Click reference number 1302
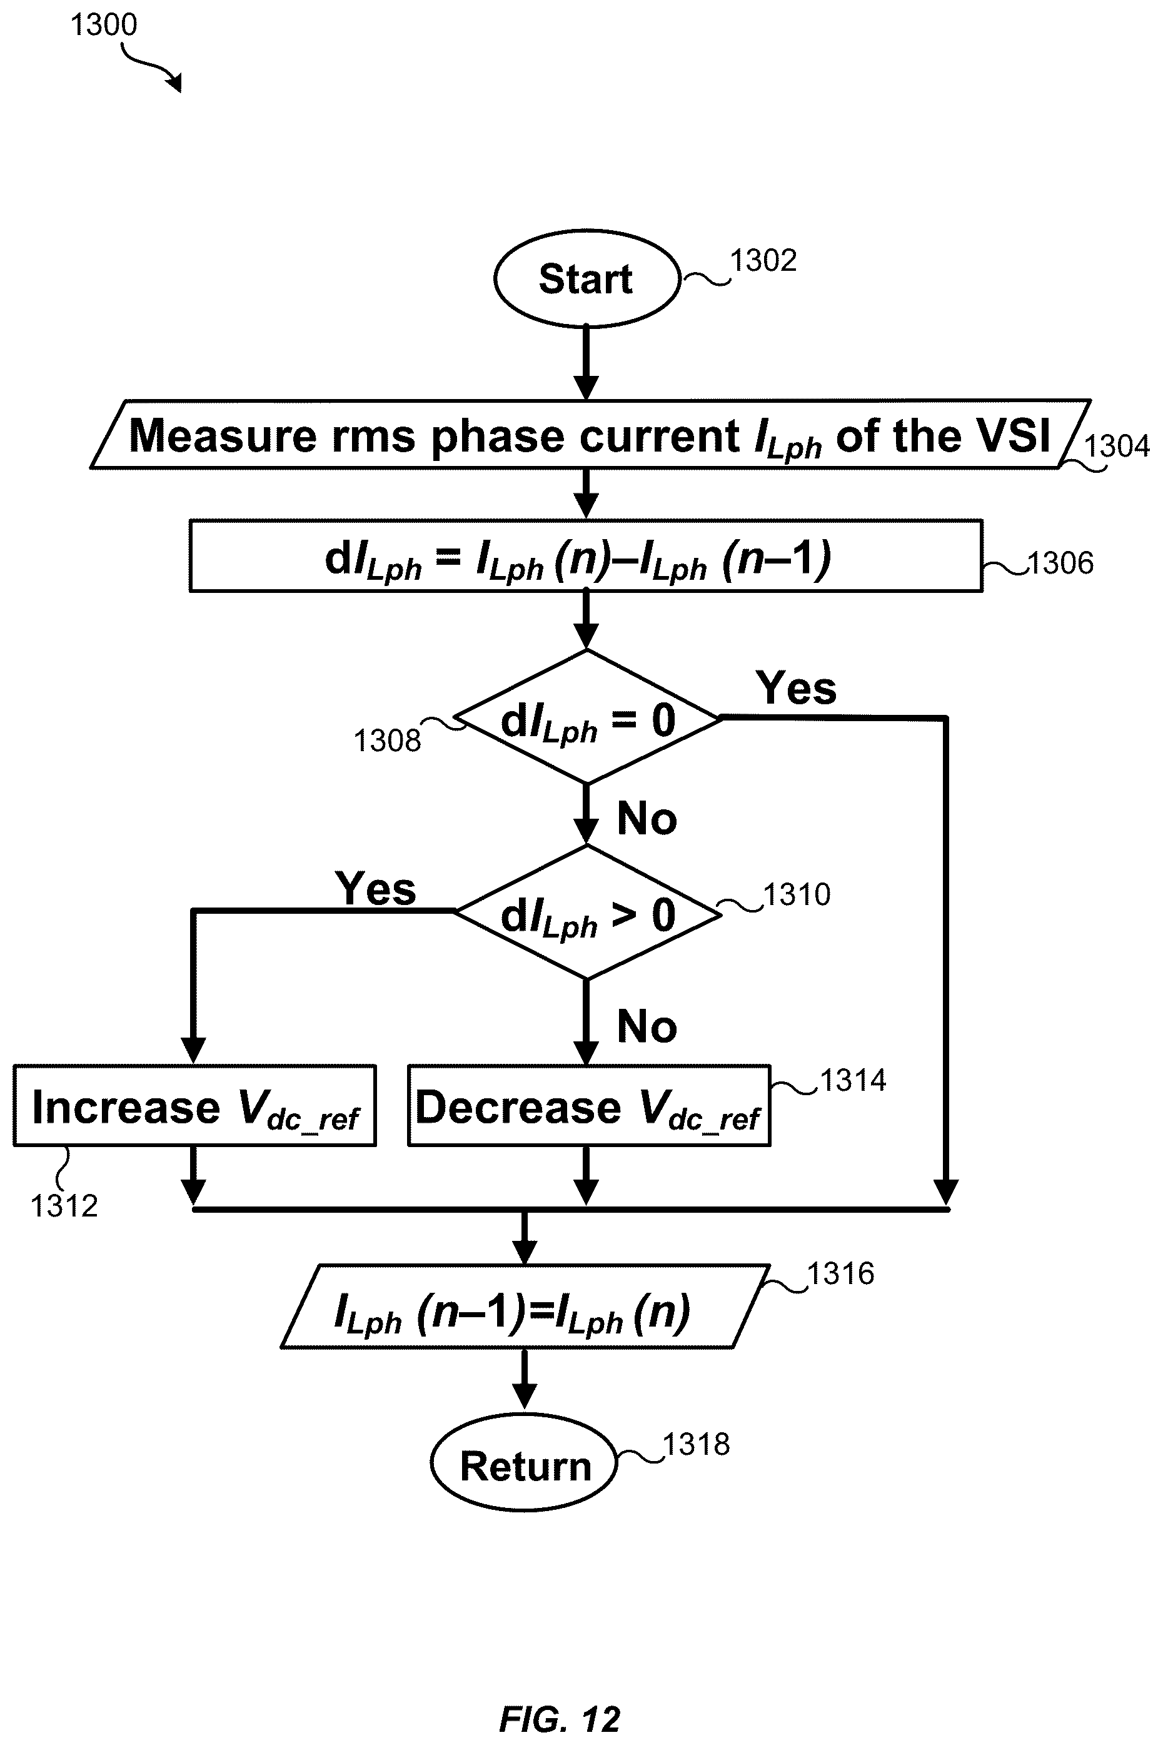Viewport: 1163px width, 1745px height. point(763,260)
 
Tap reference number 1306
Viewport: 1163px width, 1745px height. point(1060,563)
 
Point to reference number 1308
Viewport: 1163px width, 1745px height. point(387,741)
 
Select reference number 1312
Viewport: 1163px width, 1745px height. point(64,1206)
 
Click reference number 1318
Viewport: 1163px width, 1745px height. point(696,1445)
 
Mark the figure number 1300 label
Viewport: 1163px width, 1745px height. point(103,24)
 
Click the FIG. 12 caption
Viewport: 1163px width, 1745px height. point(559,1718)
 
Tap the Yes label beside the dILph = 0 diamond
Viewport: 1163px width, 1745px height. point(796,688)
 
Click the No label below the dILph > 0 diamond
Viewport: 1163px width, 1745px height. point(647,1027)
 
